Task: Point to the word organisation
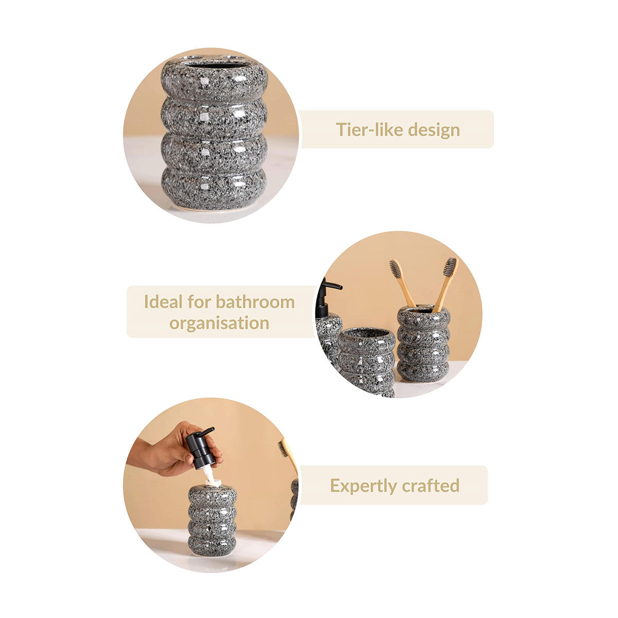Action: (219, 323)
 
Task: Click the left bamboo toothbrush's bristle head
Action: (396, 269)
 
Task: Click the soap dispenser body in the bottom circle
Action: (212, 520)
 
